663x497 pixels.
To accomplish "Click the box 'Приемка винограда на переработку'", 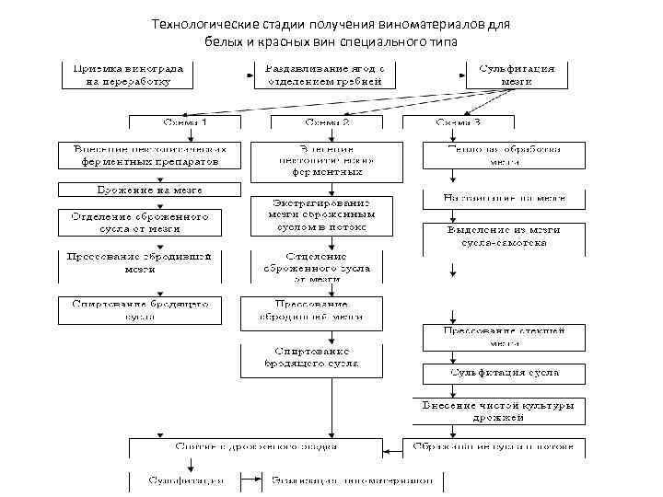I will click(127, 75).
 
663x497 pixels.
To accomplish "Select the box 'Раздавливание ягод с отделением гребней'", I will click(325, 75).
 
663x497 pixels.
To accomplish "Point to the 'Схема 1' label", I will click(184, 121).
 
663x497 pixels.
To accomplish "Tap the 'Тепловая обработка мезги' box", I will click(503, 154).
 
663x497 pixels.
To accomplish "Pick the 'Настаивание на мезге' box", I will click(503, 197).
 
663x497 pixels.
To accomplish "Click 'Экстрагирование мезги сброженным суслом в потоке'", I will click(320, 214).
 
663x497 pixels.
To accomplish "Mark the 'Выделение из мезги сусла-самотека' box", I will click(503, 237).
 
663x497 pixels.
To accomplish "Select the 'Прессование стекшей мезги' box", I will click(503, 336).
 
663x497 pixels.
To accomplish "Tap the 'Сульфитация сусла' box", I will click(503, 374).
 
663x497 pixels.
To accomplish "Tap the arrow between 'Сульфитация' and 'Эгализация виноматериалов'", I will click(251, 480).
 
